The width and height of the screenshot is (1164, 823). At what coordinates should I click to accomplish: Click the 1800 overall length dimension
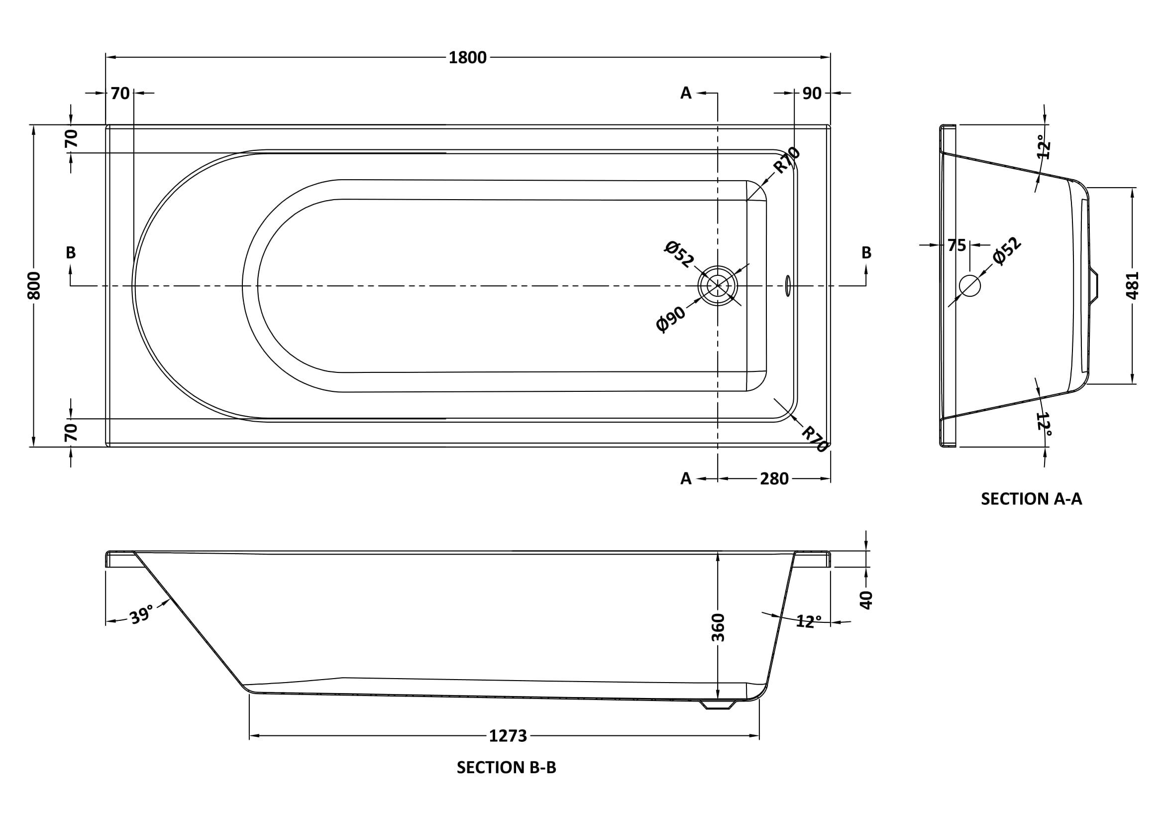(467, 58)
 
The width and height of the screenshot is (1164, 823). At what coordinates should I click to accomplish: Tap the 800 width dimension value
(34, 285)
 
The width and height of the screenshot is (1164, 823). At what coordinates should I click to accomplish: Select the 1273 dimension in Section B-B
(508, 735)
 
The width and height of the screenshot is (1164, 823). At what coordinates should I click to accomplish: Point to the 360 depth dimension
(718, 627)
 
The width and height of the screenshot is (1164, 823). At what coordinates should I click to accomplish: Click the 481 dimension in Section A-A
(1133, 285)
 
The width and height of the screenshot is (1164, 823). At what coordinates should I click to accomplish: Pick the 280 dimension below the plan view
(774, 478)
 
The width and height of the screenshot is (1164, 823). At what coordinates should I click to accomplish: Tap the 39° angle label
(140, 615)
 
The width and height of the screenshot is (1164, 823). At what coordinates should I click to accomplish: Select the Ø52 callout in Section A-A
(1007, 251)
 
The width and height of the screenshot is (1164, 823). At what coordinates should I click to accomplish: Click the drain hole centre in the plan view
(718, 286)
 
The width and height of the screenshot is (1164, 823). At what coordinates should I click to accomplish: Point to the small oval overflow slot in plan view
(787, 286)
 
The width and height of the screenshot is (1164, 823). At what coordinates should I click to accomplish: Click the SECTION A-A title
(1031, 499)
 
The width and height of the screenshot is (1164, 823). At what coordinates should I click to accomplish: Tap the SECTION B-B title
(506, 768)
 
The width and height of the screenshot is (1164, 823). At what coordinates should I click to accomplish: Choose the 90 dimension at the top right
(812, 93)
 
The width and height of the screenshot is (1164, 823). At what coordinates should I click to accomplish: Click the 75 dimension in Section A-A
(956, 245)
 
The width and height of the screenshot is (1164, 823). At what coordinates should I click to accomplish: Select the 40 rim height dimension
(866, 599)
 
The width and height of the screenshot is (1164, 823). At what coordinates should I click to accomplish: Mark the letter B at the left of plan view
(71, 252)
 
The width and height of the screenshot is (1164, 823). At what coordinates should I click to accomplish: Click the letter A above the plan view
(685, 93)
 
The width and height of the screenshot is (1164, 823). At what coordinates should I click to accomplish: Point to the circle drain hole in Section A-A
(970, 285)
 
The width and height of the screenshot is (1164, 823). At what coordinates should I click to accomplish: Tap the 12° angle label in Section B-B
(808, 621)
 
